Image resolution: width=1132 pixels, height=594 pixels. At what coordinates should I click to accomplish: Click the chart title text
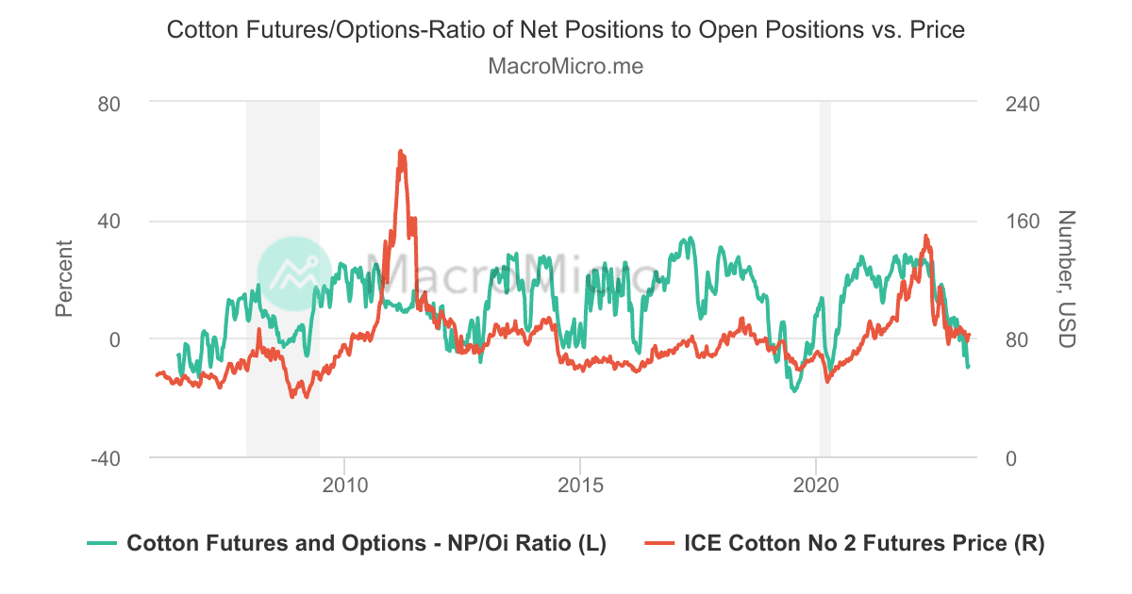click(x=566, y=30)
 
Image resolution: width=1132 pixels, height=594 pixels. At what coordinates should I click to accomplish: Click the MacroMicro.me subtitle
click(x=566, y=67)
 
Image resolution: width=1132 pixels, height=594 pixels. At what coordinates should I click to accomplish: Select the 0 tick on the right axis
click(x=1012, y=458)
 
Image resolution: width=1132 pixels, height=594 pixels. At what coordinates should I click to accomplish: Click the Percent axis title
click(x=64, y=278)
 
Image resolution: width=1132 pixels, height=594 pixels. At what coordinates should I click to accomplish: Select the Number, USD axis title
click(x=1067, y=278)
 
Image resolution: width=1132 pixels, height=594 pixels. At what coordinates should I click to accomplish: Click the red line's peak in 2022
click(x=925, y=236)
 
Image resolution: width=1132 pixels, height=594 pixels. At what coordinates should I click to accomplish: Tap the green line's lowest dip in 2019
click(x=794, y=390)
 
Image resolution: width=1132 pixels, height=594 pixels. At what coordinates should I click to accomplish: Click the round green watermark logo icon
click(x=294, y=274)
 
